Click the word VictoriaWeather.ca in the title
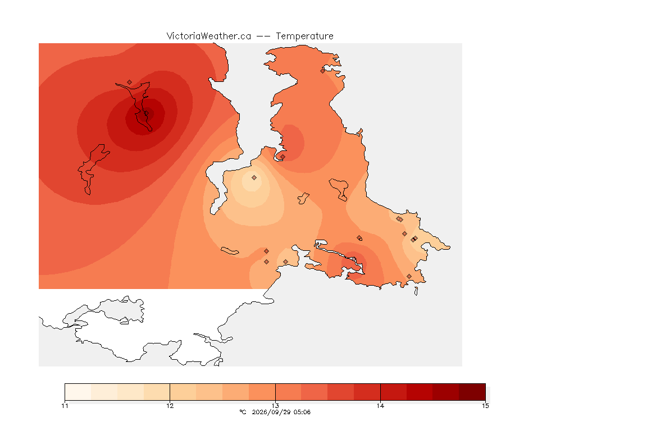click(x=209, y=36)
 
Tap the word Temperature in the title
click(x=304, y=36)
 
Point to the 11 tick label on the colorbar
click(x=65, y=406)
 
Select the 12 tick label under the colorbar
click(x=170, y=406)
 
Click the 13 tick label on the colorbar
click(x=275, y=406)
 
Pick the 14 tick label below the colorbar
click(x=380, y=406)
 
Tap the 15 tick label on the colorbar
click(x=485, y=406)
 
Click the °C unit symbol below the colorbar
click(x=243, y=412)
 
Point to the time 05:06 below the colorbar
click(x=302, y=412)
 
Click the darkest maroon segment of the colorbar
click(x=472, y=392)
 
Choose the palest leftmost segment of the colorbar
click(x=78, y=392)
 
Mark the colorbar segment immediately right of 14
click(x=394, y=392)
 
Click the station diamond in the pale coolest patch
click(x=254, y=178)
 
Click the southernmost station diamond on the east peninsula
click(x=409, y=276)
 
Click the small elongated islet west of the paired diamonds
click(x=230, y=251)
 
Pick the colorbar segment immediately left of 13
click(x=262, y=392)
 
